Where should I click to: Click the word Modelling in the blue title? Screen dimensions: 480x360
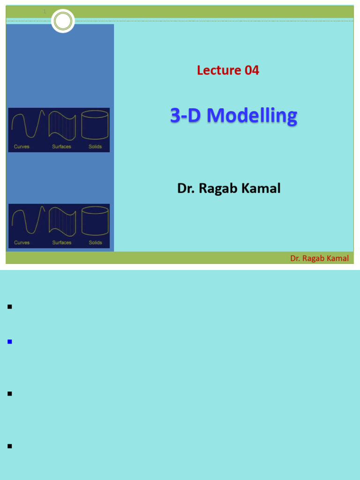[252, 115]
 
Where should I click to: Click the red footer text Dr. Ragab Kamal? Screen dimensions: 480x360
[319, 258]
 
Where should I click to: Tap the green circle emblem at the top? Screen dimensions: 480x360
[63, 21]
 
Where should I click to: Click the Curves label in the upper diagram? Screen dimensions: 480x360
[22, 147]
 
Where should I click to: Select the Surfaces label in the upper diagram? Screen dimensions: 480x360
[61, 147]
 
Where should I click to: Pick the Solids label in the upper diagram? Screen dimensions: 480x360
[95, 147]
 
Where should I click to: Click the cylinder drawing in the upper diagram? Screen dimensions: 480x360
[95, 125]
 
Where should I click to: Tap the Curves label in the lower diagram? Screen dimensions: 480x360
[22, 243]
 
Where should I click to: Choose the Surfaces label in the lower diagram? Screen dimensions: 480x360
[61, 243]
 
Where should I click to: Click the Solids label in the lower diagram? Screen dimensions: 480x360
[95, 243]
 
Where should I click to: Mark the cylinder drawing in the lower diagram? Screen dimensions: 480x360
[95, 221]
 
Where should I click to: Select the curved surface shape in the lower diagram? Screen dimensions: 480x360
[62, 221]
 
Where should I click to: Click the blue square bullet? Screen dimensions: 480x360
[9, 342]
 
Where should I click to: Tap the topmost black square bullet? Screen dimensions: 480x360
[9, 307]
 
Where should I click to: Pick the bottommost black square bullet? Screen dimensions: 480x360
[9, 446]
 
